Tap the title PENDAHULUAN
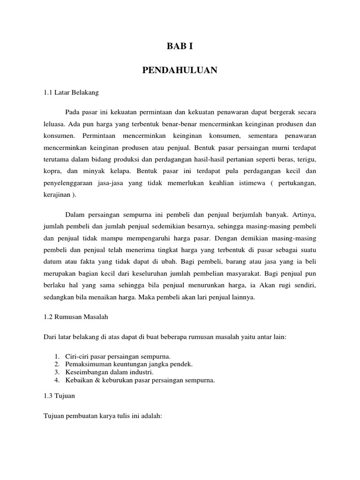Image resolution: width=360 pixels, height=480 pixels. [x=180, y=70]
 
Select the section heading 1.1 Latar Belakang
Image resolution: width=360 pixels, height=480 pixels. [x=71, y=93]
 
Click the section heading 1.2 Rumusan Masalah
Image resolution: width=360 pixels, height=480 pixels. [x=75, y=317]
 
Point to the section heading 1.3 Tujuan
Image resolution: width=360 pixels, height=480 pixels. [x=59, y=396]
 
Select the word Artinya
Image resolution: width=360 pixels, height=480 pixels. [x=304, y=215]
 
